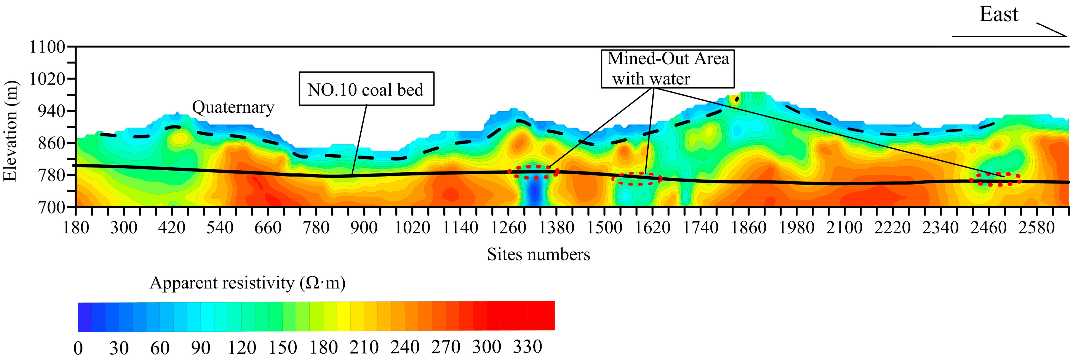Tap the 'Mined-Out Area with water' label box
[668, 68]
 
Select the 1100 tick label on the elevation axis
[47, 47]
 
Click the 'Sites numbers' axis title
[538, 254]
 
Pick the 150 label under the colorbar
[282, 347]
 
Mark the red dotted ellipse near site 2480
[995, 179]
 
